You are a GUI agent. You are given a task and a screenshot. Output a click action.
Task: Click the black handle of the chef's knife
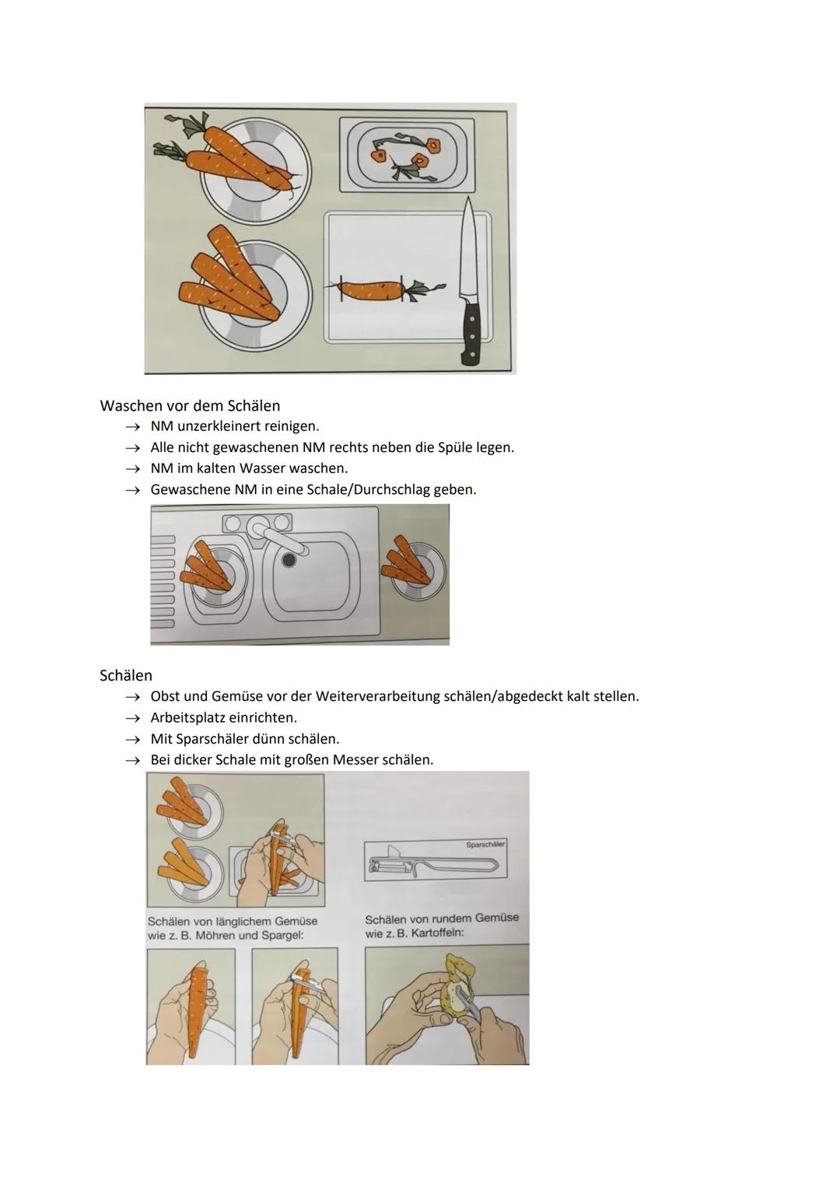coord(471,333)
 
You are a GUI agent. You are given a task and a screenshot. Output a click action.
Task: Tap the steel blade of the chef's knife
coord(467,249)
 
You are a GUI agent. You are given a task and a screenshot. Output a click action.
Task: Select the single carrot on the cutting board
coord(370,290)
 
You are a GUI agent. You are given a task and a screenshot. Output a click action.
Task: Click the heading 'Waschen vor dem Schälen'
coord(190,405)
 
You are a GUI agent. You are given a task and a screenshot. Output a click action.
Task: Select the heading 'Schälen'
coord(126,675)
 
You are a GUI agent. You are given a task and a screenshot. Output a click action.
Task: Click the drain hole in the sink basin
coord(289,560)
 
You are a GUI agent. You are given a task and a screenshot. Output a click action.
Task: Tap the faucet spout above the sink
coord(276,536)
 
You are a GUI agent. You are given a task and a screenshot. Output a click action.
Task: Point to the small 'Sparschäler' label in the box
coord(485,845)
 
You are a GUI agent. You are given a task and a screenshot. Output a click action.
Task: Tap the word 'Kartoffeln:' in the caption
coord(436,933)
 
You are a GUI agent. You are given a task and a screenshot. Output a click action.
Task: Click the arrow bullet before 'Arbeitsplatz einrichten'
coord(134,718)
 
